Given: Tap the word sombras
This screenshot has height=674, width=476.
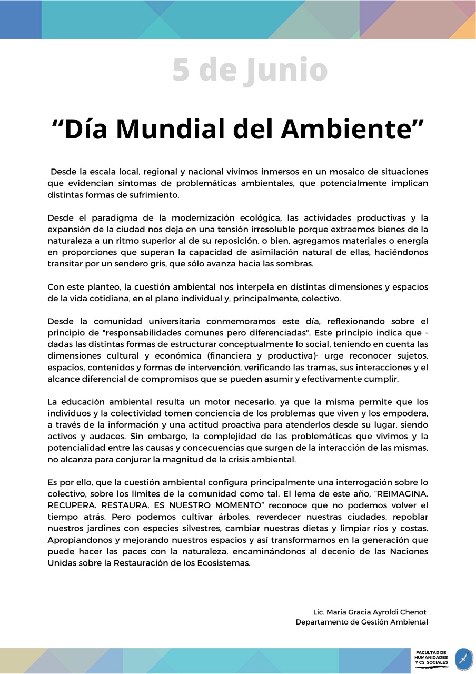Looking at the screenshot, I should pyautogui.click(x=295, y=264).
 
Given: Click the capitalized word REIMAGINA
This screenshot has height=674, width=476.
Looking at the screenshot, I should pyautogui.click(x=401, y=494).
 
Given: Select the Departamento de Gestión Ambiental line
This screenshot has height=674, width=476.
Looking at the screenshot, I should pyautogui.click(x=362, y=622).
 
